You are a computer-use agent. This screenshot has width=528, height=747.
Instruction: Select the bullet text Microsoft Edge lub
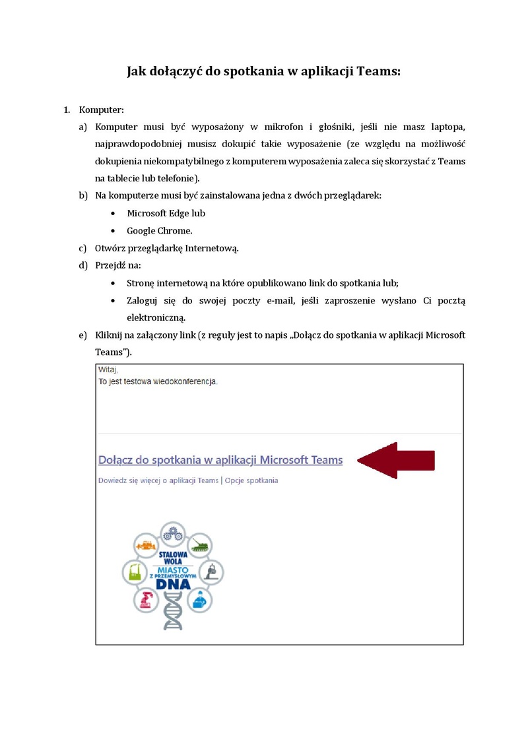166,213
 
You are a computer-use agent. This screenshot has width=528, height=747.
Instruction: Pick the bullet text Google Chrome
159,231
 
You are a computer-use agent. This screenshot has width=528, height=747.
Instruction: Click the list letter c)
82,248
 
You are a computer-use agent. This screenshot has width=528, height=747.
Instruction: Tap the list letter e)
82,335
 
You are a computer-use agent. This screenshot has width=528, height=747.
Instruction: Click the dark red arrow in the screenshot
397,460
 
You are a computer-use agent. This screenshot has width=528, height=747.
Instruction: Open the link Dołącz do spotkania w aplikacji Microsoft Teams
220,460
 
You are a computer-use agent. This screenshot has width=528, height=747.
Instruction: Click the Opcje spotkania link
251,480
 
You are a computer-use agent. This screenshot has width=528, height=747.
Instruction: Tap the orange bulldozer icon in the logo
146,545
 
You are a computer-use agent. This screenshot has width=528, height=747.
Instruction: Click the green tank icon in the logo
199,545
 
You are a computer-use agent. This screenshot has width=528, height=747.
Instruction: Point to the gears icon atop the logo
173,532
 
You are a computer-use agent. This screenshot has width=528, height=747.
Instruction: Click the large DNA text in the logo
174,583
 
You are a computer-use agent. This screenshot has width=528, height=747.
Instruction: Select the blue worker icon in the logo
199,599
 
